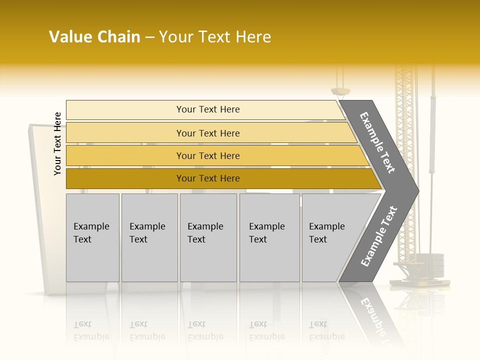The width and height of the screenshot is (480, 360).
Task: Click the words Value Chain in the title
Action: click(x=94, y=37)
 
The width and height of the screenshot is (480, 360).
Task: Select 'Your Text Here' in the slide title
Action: click(x=215, y=37)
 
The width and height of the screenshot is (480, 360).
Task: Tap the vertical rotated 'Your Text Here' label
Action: click(x=57, y=143)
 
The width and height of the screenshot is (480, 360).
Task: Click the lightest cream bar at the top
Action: click(x=207, y=109)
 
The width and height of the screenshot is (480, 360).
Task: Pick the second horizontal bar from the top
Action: click(x=207, y=133)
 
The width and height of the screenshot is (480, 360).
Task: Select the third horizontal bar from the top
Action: click(x=207, y=155)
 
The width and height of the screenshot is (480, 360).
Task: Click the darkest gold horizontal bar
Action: click(x=207, y=178)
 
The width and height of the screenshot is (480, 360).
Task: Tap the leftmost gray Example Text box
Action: click(x=92, y=237)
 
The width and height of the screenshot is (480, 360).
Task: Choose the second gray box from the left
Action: click(x=149, y=237)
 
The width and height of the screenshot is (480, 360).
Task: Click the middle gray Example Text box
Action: click(x=208, y=237)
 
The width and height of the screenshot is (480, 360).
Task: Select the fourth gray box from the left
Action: click(x=269, y=237)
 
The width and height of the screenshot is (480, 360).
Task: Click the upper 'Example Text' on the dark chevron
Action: click(x=377, y=142)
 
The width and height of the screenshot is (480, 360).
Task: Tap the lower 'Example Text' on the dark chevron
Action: click(x=378, y=236)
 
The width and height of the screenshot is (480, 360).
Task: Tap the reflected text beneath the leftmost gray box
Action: click(x=91, y=331)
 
